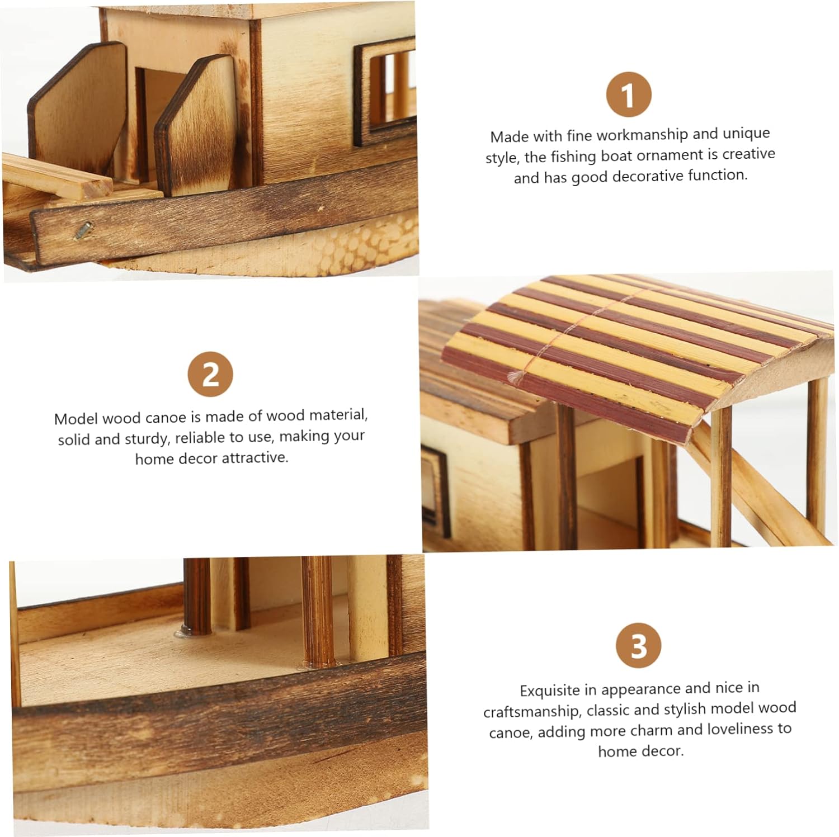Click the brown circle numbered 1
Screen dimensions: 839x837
629,94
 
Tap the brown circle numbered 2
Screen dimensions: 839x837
210,374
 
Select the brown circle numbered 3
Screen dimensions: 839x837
639,645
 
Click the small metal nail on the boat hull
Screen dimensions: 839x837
83,229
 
